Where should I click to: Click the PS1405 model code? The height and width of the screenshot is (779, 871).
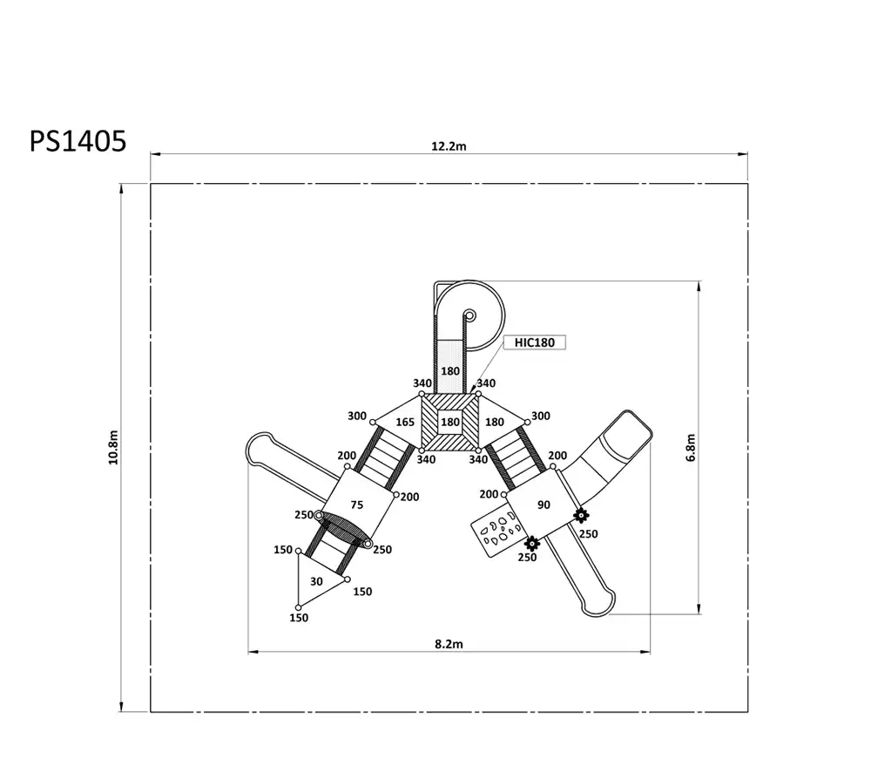tap(78, 141)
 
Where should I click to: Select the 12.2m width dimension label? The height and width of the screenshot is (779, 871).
tap(449, 146)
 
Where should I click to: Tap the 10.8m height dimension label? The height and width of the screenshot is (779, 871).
tap(113, 447)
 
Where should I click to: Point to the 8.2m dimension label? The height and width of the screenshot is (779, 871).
tap(449, 644)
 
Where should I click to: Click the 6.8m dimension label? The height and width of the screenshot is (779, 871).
tap(691, 447)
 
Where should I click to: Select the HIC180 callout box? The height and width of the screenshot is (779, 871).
tap(535, 342)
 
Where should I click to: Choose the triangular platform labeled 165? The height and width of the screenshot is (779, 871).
tap(399, 423)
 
